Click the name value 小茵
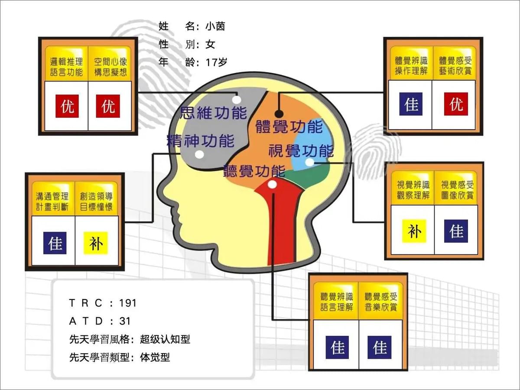coord(215,26)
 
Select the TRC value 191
coord(128,303)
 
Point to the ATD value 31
coord(125,321)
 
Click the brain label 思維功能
coord(213,113)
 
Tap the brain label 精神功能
coord(201,140)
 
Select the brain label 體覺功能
coord(289,127)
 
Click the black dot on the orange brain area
coord(279,114)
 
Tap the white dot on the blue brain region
coord(309,162)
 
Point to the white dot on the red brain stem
coord(272,185)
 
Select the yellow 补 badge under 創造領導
coord(96,244)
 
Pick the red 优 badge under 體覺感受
coord(456,104)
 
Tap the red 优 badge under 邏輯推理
coord(67,106)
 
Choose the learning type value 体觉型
coord(155,357)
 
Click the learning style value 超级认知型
coord(165,339)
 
